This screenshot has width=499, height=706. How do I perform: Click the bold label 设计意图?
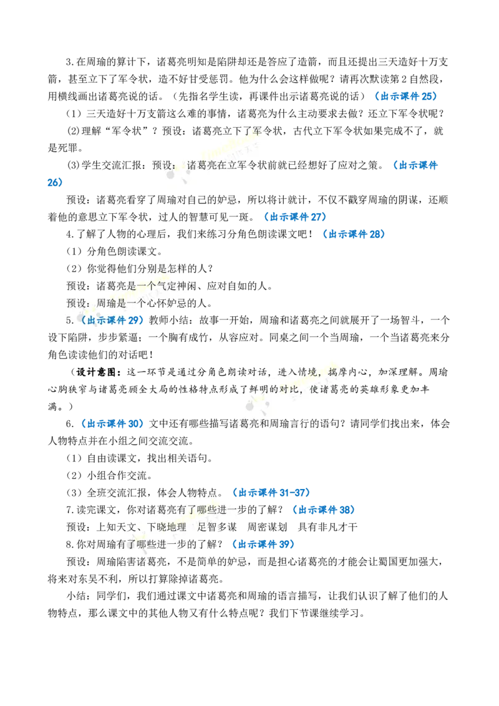(x=97, y=372)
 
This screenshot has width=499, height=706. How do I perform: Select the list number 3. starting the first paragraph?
(x=70, y=62)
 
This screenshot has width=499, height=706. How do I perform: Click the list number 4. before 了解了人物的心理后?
(x=70, y=234)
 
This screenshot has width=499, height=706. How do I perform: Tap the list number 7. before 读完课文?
(x=70, y=510)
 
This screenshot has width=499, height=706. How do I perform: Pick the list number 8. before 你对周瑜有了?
(x=70, y=545)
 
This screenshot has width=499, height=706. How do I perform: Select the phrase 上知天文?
(x=116, y=527)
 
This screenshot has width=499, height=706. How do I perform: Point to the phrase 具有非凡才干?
(x=328, y=527)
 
